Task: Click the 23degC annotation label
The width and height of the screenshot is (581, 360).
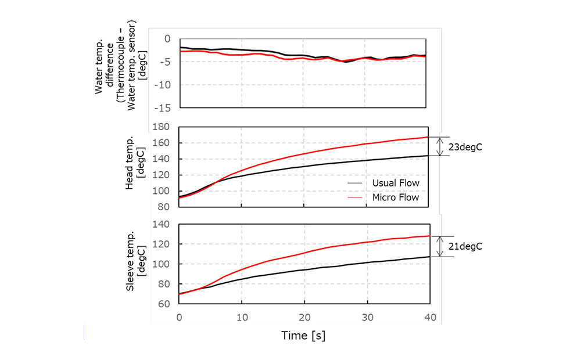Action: click(x=465, y=147)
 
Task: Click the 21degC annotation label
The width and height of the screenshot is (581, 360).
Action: click(x=466, y=247)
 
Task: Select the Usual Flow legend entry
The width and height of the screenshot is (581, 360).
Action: click(x=396, y=183)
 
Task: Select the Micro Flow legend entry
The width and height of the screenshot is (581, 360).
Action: click(x=396, y=197)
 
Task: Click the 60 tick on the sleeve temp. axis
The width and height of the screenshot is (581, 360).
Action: click(x=164, y=304)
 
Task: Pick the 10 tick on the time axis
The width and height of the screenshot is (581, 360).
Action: click(x=242, y=318)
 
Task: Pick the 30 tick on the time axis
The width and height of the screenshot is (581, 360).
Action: click(x=367, y=318)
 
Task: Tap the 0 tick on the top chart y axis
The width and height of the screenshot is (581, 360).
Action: click(x=167, y=38)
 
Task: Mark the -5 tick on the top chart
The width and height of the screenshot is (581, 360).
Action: click(x=164, y=62)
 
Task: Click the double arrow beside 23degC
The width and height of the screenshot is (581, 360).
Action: click(x=440, y=146)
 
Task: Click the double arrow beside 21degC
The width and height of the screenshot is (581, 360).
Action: click(x=440, y=246)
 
